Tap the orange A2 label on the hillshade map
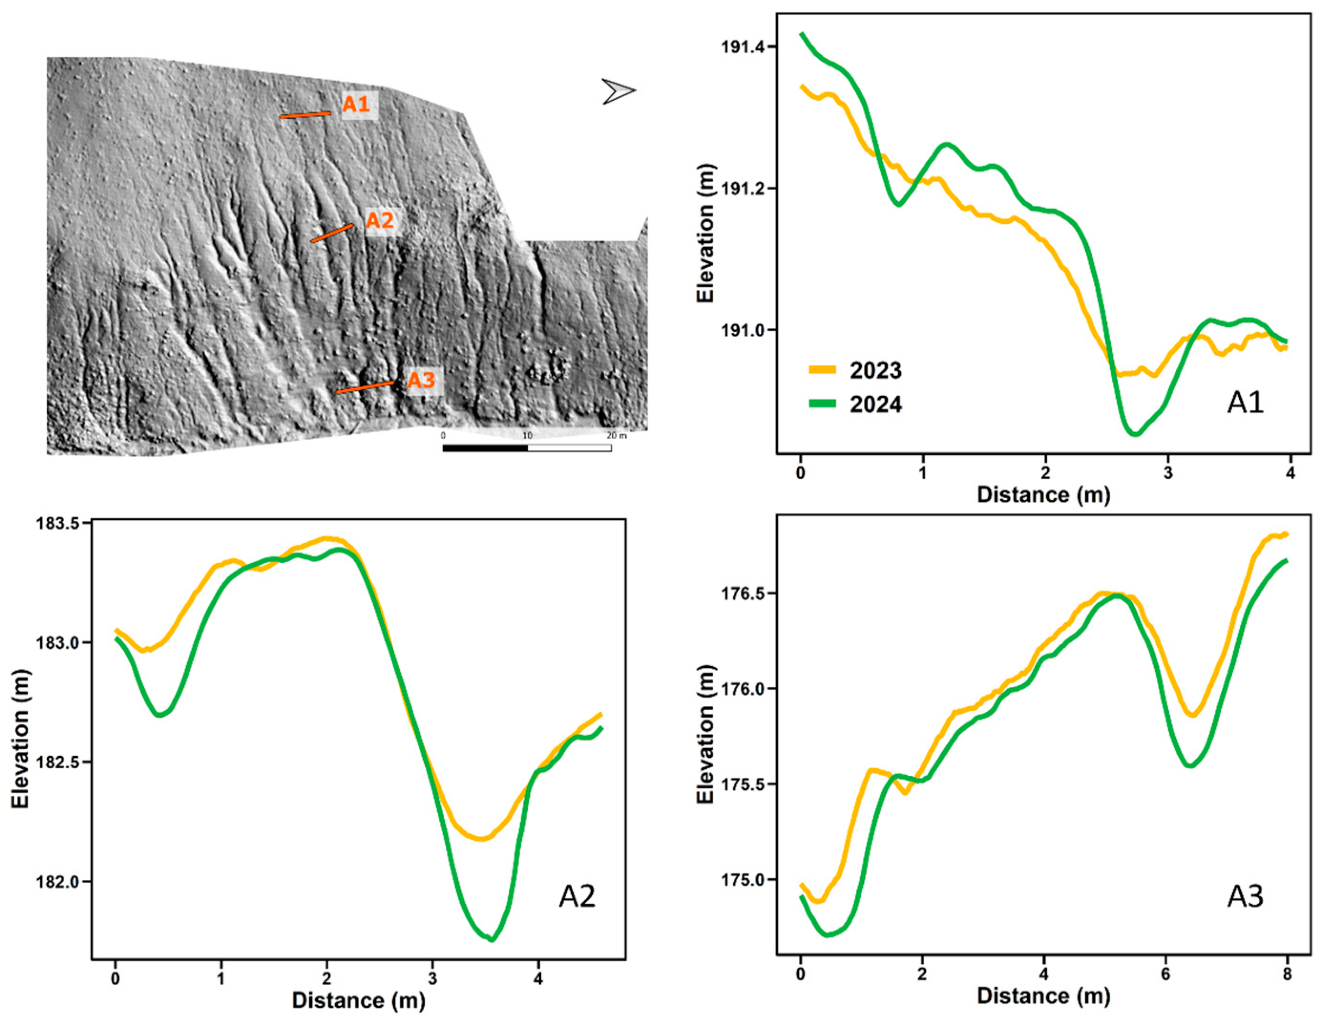[380, 221]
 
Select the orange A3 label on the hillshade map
[421, 381]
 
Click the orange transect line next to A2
[332, 233]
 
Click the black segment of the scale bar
[485, 448]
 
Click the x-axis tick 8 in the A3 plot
[1287, 974]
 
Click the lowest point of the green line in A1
[1135, 433]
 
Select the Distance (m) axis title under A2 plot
[359, 1000]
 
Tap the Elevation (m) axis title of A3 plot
[705, 735]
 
